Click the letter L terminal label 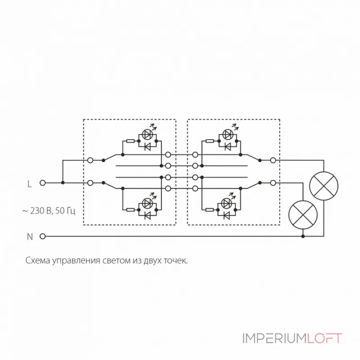[30, 184]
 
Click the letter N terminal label [30, 236]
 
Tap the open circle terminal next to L [43, 183]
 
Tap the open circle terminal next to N [43, 236]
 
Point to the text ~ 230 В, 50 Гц [49, 210]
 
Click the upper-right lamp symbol [324, 186]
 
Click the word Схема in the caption [36, 261]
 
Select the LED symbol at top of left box [148, 134]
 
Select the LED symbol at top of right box [228, 134]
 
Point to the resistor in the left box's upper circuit [130, 141]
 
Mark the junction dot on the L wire [63, 183]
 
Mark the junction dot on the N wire [303, 236]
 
